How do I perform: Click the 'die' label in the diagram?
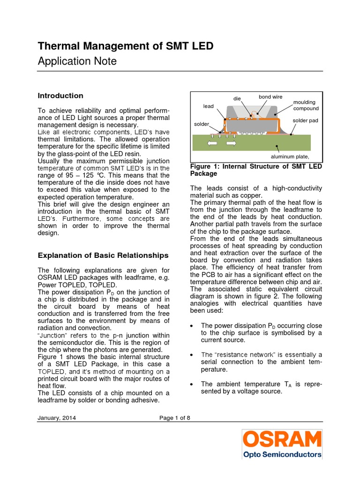pyautogui.click(x=237, y=99)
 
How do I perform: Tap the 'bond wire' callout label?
pyautogui.click(x=270, y=97)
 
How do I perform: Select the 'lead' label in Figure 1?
pyautogui.click(x=208, y=106)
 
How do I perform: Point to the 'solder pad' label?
pyautogui.click(x=305, y=120)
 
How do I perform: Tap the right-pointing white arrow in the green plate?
pyautogui.click(x=230, y=142)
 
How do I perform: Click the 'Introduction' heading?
pyautogui.click(x=60, y=96)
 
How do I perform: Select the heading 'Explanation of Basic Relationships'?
pyautogui.click(x=103, y=255)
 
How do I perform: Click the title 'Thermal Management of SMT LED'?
pyautogui.click(x=125, y=46)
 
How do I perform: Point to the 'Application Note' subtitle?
pyautogui.click(x=77, y=61)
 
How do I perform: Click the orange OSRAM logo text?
pyautogui.click(x=282, y=439)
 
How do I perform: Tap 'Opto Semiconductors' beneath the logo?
pyautogui.click(x=282, y=454)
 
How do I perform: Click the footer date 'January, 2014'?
pyautogui.click(x=57, y=418)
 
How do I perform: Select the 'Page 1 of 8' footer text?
pyautogui.click(x=174, y=418)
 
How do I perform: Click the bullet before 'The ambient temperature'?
pyautogui.click(x=193, y=384)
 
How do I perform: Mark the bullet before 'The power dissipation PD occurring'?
pyautogui.click(x=193, y=325)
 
